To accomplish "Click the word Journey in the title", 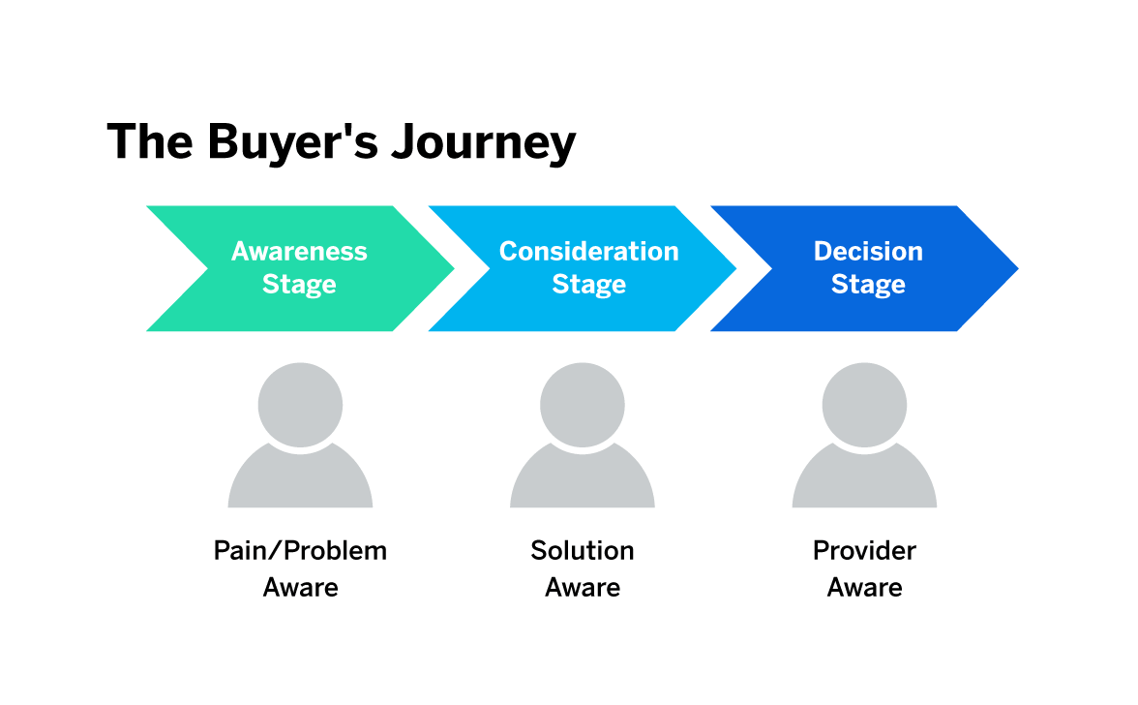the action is click(484, 143).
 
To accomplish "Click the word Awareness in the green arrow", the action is click(299, 251).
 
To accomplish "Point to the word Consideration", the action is click(588, 251).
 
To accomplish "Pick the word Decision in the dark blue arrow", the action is click(868, 251).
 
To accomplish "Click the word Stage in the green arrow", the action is click(299, 285).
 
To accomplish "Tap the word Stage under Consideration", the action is click(588, 285).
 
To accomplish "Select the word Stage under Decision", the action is click(868, 285).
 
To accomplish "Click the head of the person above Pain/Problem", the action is click(300, 405).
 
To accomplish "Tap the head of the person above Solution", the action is click(583, 405).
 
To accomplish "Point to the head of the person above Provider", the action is click(864, 405).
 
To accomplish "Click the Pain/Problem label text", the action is click(300, 551).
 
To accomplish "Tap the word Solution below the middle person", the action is click(583, 551).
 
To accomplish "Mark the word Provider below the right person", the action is click(864, 551).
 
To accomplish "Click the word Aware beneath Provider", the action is click(864, 588).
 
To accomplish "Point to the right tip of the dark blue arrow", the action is click(1018, 268).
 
